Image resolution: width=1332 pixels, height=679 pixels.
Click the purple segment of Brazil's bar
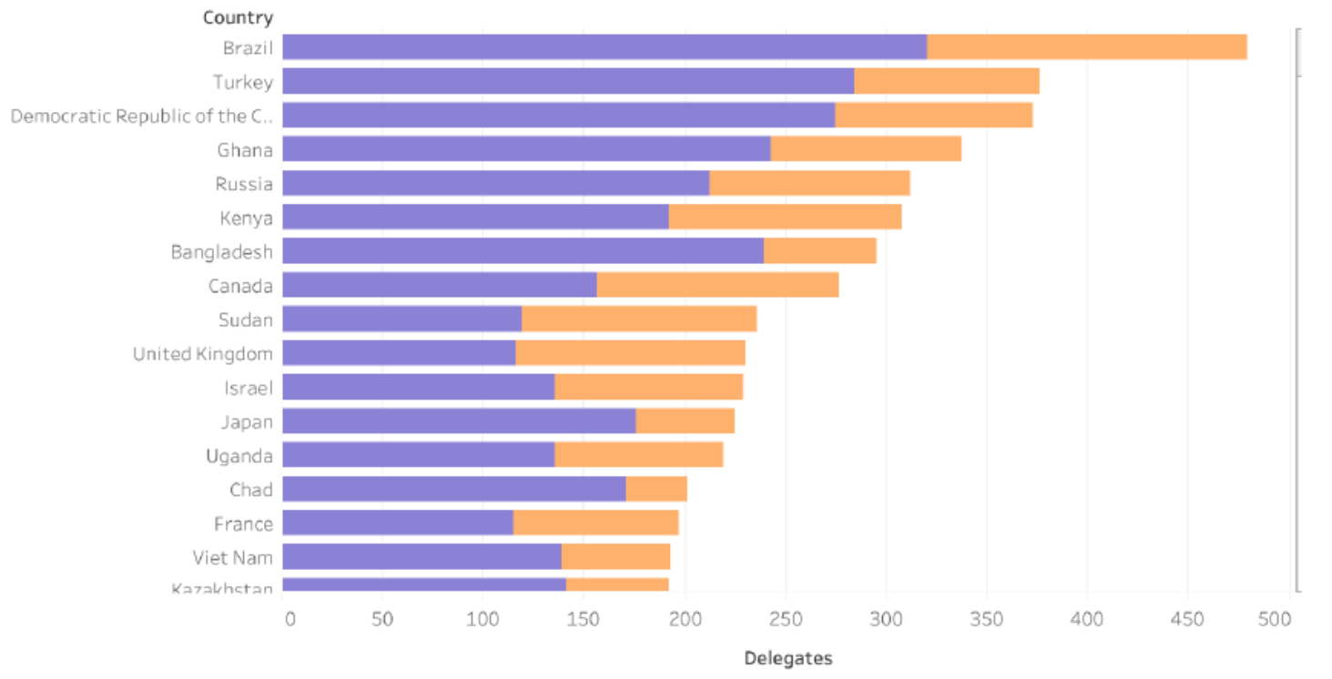coord(605,47)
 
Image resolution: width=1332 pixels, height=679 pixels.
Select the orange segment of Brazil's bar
coord(1086,47)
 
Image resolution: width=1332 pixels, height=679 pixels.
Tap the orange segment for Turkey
coord(946,81)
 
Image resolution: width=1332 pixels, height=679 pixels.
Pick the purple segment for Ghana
coord(526,149)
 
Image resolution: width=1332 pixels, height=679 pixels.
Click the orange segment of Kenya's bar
coord(785,218)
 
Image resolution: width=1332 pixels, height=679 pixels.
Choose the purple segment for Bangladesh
coord(523,251)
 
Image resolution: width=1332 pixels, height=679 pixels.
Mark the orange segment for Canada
coord(717,286)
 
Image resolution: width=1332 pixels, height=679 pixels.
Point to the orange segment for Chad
coord(656,490)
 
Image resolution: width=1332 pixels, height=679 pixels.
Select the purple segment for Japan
coord(459,421)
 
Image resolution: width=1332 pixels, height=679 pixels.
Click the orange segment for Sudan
coord(639,319)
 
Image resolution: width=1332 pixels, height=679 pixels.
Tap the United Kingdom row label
coord(202,354)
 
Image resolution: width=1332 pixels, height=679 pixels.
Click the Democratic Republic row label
coord(141,117)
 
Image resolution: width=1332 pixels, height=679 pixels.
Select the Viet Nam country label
coord(232,558)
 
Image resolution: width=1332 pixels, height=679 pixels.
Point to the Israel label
coord(249,388)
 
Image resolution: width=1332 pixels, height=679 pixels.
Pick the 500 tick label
coord(1274,620)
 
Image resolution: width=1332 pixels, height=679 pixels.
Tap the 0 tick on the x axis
coord(290,620)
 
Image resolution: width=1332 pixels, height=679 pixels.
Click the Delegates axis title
coord(788,658)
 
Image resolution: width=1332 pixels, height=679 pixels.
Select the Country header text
coord(238,17)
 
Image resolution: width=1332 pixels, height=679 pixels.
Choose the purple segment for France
coord(398,523)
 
